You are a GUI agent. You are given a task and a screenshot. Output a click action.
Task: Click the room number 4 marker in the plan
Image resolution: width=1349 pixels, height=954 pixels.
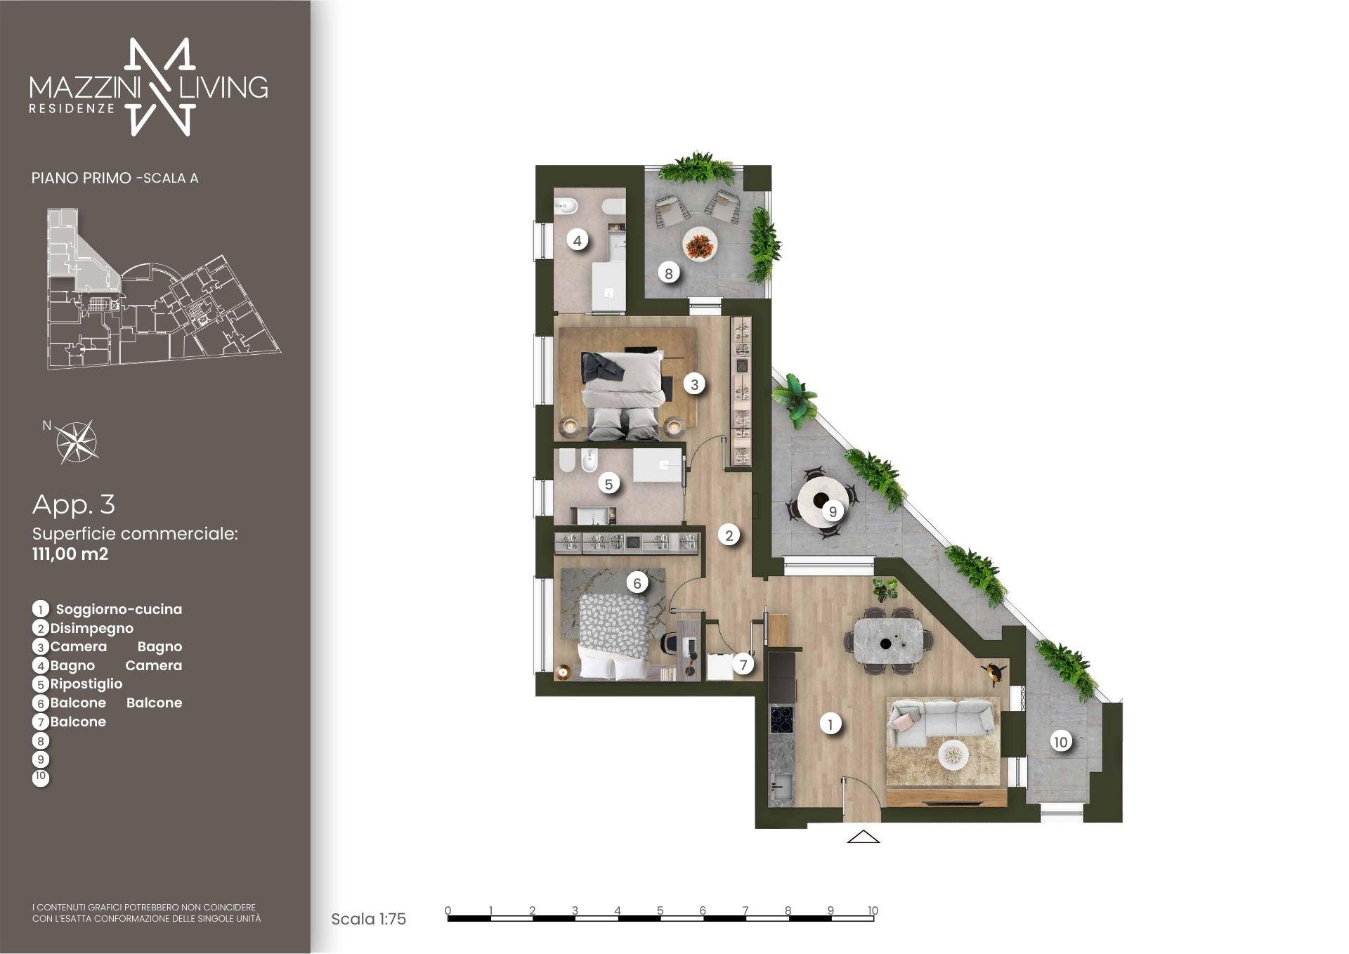[x=577, y=241]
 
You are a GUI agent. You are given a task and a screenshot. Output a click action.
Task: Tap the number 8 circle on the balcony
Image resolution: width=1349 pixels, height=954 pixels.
[x=669, y=273]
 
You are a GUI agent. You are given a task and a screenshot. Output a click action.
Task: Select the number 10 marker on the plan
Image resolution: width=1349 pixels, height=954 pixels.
[x=1060, y=741]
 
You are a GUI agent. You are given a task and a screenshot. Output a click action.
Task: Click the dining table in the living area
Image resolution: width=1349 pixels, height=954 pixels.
[x=888, y=640]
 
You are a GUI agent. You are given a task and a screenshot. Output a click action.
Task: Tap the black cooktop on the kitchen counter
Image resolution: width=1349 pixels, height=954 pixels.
[x=781, y=718]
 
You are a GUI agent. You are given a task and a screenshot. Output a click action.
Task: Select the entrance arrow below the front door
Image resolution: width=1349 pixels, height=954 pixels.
[x=864, y=836]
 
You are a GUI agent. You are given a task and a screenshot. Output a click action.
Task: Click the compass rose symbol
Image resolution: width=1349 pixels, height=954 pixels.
[x=77, y=442]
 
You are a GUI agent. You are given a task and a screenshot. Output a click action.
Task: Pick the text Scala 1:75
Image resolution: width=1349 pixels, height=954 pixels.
[x=368, y=919]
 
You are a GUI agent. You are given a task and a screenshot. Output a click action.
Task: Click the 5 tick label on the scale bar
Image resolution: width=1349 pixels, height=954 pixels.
[x=660, y=910]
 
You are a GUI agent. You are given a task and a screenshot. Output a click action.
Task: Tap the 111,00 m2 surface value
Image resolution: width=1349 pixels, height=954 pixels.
[x=70, y=554]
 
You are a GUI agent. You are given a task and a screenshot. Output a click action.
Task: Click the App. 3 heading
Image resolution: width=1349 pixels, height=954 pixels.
[x=74, y=504]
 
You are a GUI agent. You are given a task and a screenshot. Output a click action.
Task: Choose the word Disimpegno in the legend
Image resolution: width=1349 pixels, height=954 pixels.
[x=91, y=628]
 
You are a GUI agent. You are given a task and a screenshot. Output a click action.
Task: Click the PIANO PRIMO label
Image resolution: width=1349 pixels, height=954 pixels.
[x=81, y=178]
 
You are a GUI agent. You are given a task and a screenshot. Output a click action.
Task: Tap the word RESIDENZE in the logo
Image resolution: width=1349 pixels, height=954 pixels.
[x=72, y=109]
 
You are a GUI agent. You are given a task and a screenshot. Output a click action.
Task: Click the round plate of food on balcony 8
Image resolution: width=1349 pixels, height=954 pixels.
[x=700, y=245]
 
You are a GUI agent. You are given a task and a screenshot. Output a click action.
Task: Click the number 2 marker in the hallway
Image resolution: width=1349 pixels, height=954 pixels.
[x=729, y=535]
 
